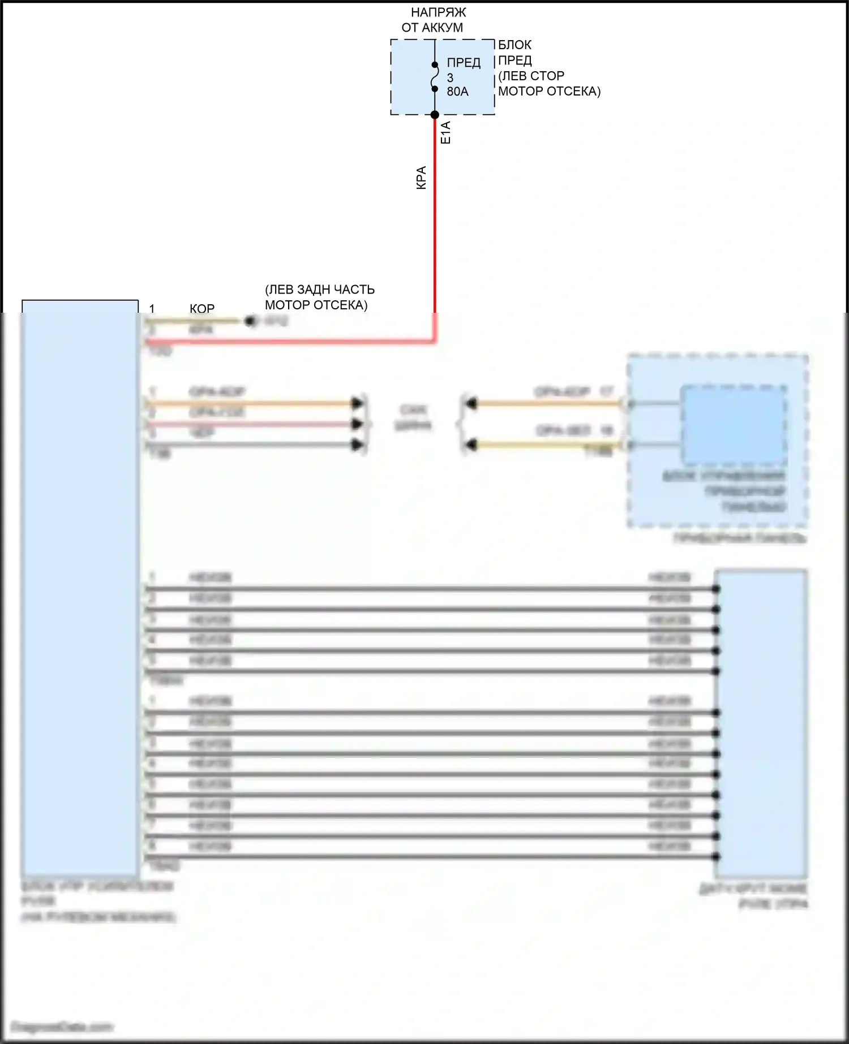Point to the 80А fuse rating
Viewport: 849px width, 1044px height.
(x=457, y=92)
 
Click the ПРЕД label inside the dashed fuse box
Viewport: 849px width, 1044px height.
(x=464, y=63)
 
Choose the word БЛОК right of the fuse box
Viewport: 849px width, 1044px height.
(x=514, y=45)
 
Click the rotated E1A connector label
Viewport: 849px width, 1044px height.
(x=445, y=132)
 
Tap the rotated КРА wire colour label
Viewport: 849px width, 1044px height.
(x=421, y=177)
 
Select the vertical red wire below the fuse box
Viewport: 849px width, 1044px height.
(x=435, y=226)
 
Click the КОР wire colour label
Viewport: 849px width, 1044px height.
(x=202, y=309)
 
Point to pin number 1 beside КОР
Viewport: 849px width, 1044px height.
(x=152, y=309)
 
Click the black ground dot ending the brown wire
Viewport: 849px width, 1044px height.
(x=249, y=321)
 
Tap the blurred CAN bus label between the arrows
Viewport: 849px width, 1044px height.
(x=413, y=417)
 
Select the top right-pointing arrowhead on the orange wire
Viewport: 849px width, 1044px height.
(x=357, y=403)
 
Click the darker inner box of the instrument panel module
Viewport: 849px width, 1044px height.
(x=734, y=424)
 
